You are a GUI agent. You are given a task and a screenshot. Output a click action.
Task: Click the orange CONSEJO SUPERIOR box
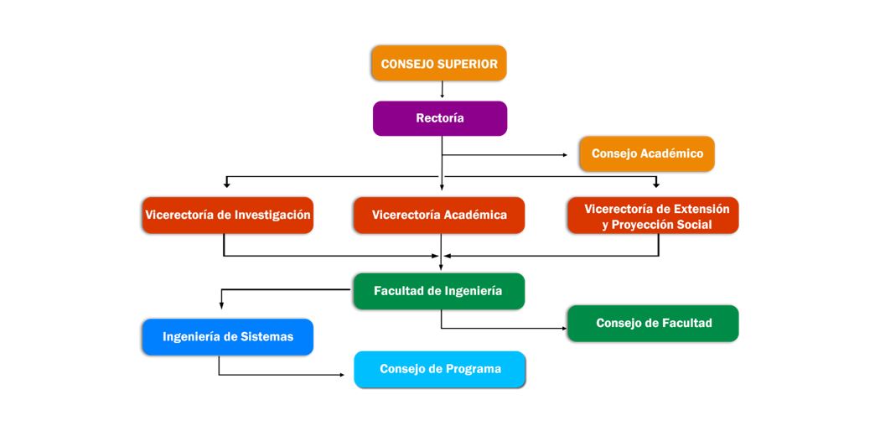(x=439, y=64)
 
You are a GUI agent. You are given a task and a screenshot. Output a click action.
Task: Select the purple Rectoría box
(x=440, y=118)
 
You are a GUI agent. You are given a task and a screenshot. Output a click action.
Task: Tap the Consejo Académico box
(x=647, y=153)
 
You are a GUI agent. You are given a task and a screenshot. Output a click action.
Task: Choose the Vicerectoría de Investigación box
(x=227, y=215)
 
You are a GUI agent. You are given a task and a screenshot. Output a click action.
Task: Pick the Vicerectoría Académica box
(x=439, y=215)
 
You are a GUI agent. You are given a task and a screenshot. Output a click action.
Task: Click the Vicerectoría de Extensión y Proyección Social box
(x=653, y=215)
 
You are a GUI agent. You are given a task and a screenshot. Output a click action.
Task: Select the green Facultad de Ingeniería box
(x=439, y=291)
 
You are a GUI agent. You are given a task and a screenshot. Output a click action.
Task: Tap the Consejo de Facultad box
(x=653, y=324)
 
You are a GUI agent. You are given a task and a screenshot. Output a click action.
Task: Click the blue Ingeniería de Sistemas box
(x=227, y=337)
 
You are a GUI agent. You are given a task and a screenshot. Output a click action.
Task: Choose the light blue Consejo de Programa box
(x=439, y=369)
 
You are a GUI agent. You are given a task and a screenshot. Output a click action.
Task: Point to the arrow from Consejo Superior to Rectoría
(x=443, y=90)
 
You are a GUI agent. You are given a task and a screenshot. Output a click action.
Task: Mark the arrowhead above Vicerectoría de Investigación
(x=226, y=184)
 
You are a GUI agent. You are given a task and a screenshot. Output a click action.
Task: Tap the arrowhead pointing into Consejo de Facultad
(x=565, y=328)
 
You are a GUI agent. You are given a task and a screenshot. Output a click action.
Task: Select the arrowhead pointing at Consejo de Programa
(x=342, y=374)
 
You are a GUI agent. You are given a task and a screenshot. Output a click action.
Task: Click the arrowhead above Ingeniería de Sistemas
(x=221, y=306)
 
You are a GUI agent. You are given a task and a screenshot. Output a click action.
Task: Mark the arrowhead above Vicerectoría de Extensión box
(x=656, y=184)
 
